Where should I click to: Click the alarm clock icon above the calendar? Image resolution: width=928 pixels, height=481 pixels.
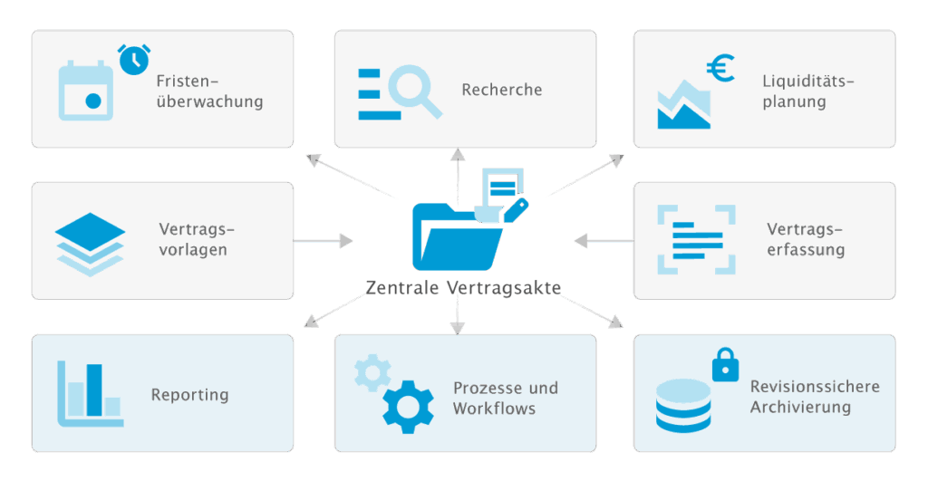point(134,59)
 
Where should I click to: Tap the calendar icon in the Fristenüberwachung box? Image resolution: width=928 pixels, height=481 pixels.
point(86,91)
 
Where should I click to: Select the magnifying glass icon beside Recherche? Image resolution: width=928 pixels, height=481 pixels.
point(414,91)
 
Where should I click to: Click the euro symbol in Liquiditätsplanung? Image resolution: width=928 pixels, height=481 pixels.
point(720,68)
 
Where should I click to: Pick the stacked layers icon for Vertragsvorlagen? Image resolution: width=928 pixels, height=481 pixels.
point(90,245)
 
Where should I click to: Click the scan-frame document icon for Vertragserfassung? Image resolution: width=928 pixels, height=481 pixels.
point(697,240)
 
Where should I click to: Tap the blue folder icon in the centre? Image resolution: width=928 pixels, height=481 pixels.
point(457,236)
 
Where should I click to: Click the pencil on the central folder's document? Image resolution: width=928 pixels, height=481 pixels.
point(516,210)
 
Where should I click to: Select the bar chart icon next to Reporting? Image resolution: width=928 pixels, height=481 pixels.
point(90,394)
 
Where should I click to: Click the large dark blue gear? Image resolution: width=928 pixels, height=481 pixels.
point(408,407)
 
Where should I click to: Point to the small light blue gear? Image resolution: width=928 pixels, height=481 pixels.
point(372,372)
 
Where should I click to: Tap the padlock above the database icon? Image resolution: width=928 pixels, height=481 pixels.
point(726,364)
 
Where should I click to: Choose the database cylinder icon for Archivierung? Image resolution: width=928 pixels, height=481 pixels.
point(683,406)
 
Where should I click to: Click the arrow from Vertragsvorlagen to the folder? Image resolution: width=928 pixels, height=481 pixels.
point(324,241)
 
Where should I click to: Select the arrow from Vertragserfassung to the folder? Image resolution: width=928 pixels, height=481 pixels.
point(604,241)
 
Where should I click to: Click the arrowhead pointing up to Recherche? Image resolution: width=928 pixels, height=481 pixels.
point(458,155)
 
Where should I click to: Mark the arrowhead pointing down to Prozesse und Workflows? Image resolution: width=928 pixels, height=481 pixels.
point(458,328)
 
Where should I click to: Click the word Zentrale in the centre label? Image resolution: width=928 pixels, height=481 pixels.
point(402,287)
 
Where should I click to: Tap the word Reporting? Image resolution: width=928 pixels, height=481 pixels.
point(190,395)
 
